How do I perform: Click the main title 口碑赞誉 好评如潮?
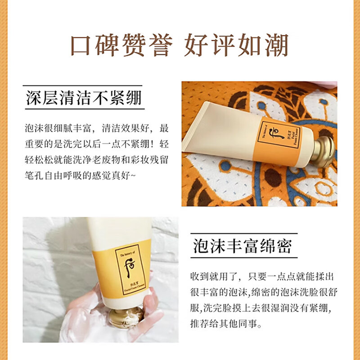pyautogui.click(x=180, y=45)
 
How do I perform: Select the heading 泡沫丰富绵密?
pyautogui.click(x=242, y=246)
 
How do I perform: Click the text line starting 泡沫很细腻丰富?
pyautogui.click(x=96, y=128)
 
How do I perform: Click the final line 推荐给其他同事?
pyautogui.click(x=234, y=324)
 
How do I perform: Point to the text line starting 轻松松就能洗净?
pyautogui.click(x=96, y=160)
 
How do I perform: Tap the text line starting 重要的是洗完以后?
pyautogui.click(x=96, y=144)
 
